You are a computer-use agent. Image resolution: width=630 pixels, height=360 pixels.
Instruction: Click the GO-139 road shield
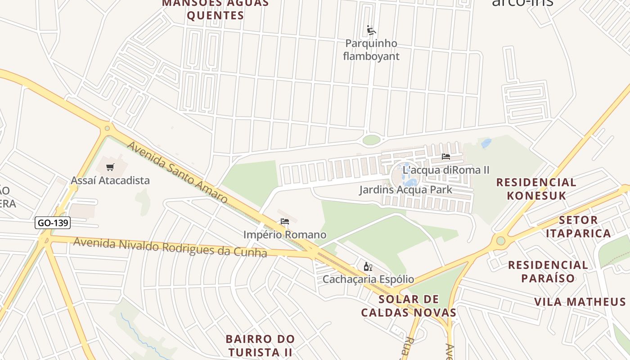pyautogui.click(x=53, y=223)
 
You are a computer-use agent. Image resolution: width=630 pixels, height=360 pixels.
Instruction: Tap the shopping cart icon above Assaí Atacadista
pyautogui.click(x=110, y=167)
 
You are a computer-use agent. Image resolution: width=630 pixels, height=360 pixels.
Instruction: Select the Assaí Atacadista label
pyautogui.click(x=110, y=180)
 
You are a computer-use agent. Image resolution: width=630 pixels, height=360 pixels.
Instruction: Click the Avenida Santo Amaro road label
pyautogui.click(x=177, y=172)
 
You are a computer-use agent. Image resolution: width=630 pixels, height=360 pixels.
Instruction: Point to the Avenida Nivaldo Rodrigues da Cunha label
pyautogui.click(x=170, y=247)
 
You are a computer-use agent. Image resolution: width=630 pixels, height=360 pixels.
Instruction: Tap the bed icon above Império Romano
pyautogui.click(x=285, y=221)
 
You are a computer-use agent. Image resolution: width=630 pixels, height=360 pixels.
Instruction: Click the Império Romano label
pyautogui.click(x=285, y=234)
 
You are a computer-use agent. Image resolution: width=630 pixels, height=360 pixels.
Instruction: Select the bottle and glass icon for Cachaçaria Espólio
pyautogui.click(x=368, y=266)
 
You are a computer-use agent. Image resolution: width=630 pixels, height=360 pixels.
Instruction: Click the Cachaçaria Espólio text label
pyautogui.click(x=368, y=279)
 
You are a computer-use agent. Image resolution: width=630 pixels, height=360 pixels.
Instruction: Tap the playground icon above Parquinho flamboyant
pyautogui.click(x=371, y=30)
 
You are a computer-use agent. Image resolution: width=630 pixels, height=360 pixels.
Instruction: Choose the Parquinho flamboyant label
pyautogui.click(x=371, y=50)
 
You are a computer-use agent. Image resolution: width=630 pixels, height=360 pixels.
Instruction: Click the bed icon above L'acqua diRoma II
pyautogui.click(x=446, y=157)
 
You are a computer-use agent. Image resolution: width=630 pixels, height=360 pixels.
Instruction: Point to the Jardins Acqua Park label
pyautogui.click(x=405, y=189)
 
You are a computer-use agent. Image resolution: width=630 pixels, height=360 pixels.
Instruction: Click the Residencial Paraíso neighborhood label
pyautogui.click(x=548, y=271)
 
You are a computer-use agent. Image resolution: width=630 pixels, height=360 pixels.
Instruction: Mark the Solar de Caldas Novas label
pyautogui.click(x=409, y=306)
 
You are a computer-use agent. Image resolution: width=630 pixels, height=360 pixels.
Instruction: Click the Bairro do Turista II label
pyautogui.click(x=260, y=345)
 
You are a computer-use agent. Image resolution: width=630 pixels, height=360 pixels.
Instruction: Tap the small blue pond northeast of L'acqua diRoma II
pyautogui.click(x=486, y=143)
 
